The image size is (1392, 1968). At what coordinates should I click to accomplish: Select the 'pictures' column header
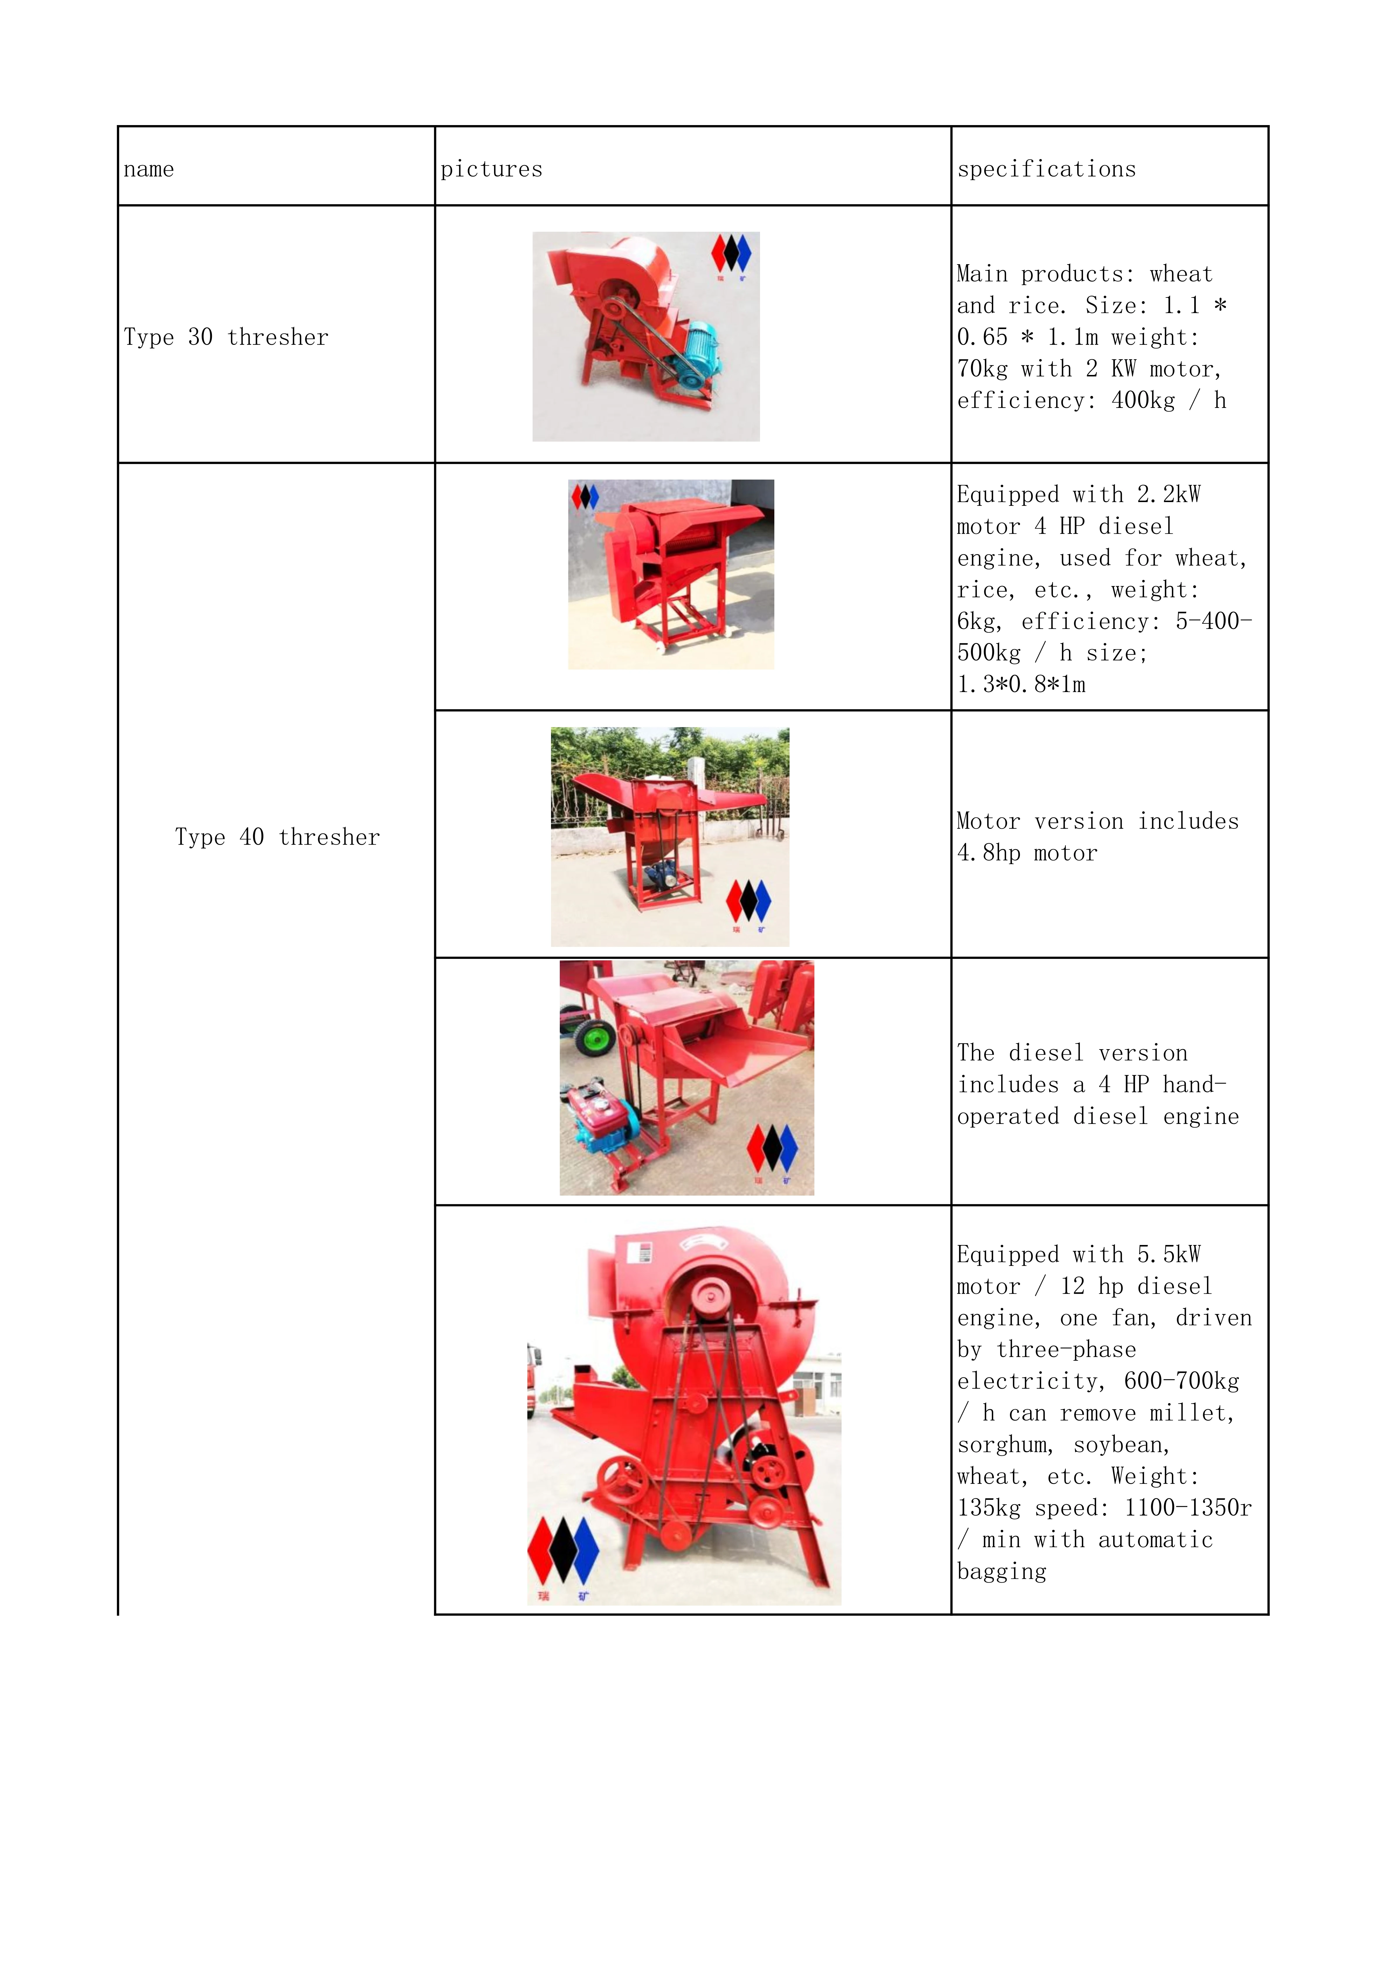[x=491, y=169]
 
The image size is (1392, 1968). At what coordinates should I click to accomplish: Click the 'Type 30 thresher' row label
[x=225, y=337]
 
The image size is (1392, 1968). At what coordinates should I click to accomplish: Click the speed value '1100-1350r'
[x=1187, y=1509]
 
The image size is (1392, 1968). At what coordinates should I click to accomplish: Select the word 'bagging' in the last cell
[x=1001, y=1572]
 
